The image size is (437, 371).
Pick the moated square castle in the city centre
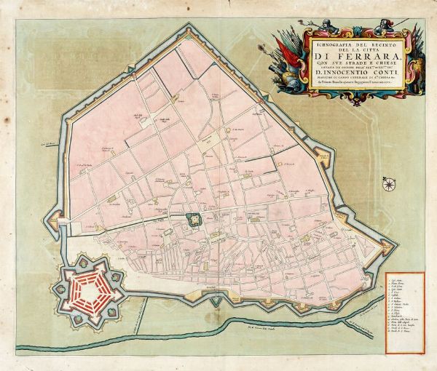[194, 219]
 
